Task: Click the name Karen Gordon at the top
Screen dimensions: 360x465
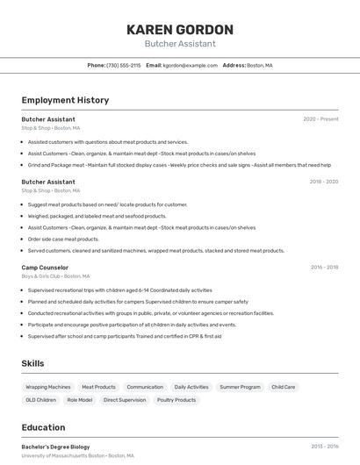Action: coord(179,29)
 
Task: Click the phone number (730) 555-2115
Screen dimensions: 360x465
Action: coord(124,66)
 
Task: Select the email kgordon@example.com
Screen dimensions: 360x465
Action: coord(191,66)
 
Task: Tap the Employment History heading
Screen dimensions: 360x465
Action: coord(65,100)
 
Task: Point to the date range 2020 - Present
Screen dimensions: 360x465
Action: coord(320,119)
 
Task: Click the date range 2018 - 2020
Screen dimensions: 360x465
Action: coord(323,182)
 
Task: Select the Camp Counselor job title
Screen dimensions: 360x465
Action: coord(45,267)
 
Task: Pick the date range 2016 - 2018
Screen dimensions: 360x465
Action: coord(324,267)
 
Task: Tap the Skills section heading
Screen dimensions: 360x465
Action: coord(33,363)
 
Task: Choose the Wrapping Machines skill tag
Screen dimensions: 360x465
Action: coord(48,387)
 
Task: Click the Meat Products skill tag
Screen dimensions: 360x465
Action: coord(98,387)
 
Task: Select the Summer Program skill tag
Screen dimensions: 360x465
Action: coord(240,387)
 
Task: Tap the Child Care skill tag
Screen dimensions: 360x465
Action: coord(283,387)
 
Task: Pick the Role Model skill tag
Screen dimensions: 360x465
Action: coord(80,400)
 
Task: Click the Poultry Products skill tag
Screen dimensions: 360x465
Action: coord(176,400)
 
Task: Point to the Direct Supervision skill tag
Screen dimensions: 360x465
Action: coord(124,400)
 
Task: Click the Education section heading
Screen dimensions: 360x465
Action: coord(43,427)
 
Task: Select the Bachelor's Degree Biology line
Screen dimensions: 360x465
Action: coord(55,447)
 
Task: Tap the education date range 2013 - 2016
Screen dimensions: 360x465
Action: coord(324,447)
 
